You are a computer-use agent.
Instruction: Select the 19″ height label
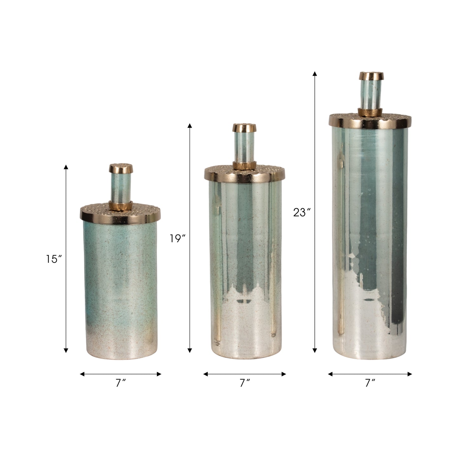tap(177, 238)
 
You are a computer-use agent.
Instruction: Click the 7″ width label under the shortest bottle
tap(120, 384)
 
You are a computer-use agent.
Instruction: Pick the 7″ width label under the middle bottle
tap(244, 384)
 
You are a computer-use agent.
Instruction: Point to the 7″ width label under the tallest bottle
tap(370, 384)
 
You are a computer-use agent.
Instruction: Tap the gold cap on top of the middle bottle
tap(244, 128)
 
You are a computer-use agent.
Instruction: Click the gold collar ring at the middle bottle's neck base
tap(244, 165)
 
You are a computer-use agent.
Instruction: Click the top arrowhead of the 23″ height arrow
tap(315, 74)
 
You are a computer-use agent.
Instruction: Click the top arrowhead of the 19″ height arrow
tap(190, 125)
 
